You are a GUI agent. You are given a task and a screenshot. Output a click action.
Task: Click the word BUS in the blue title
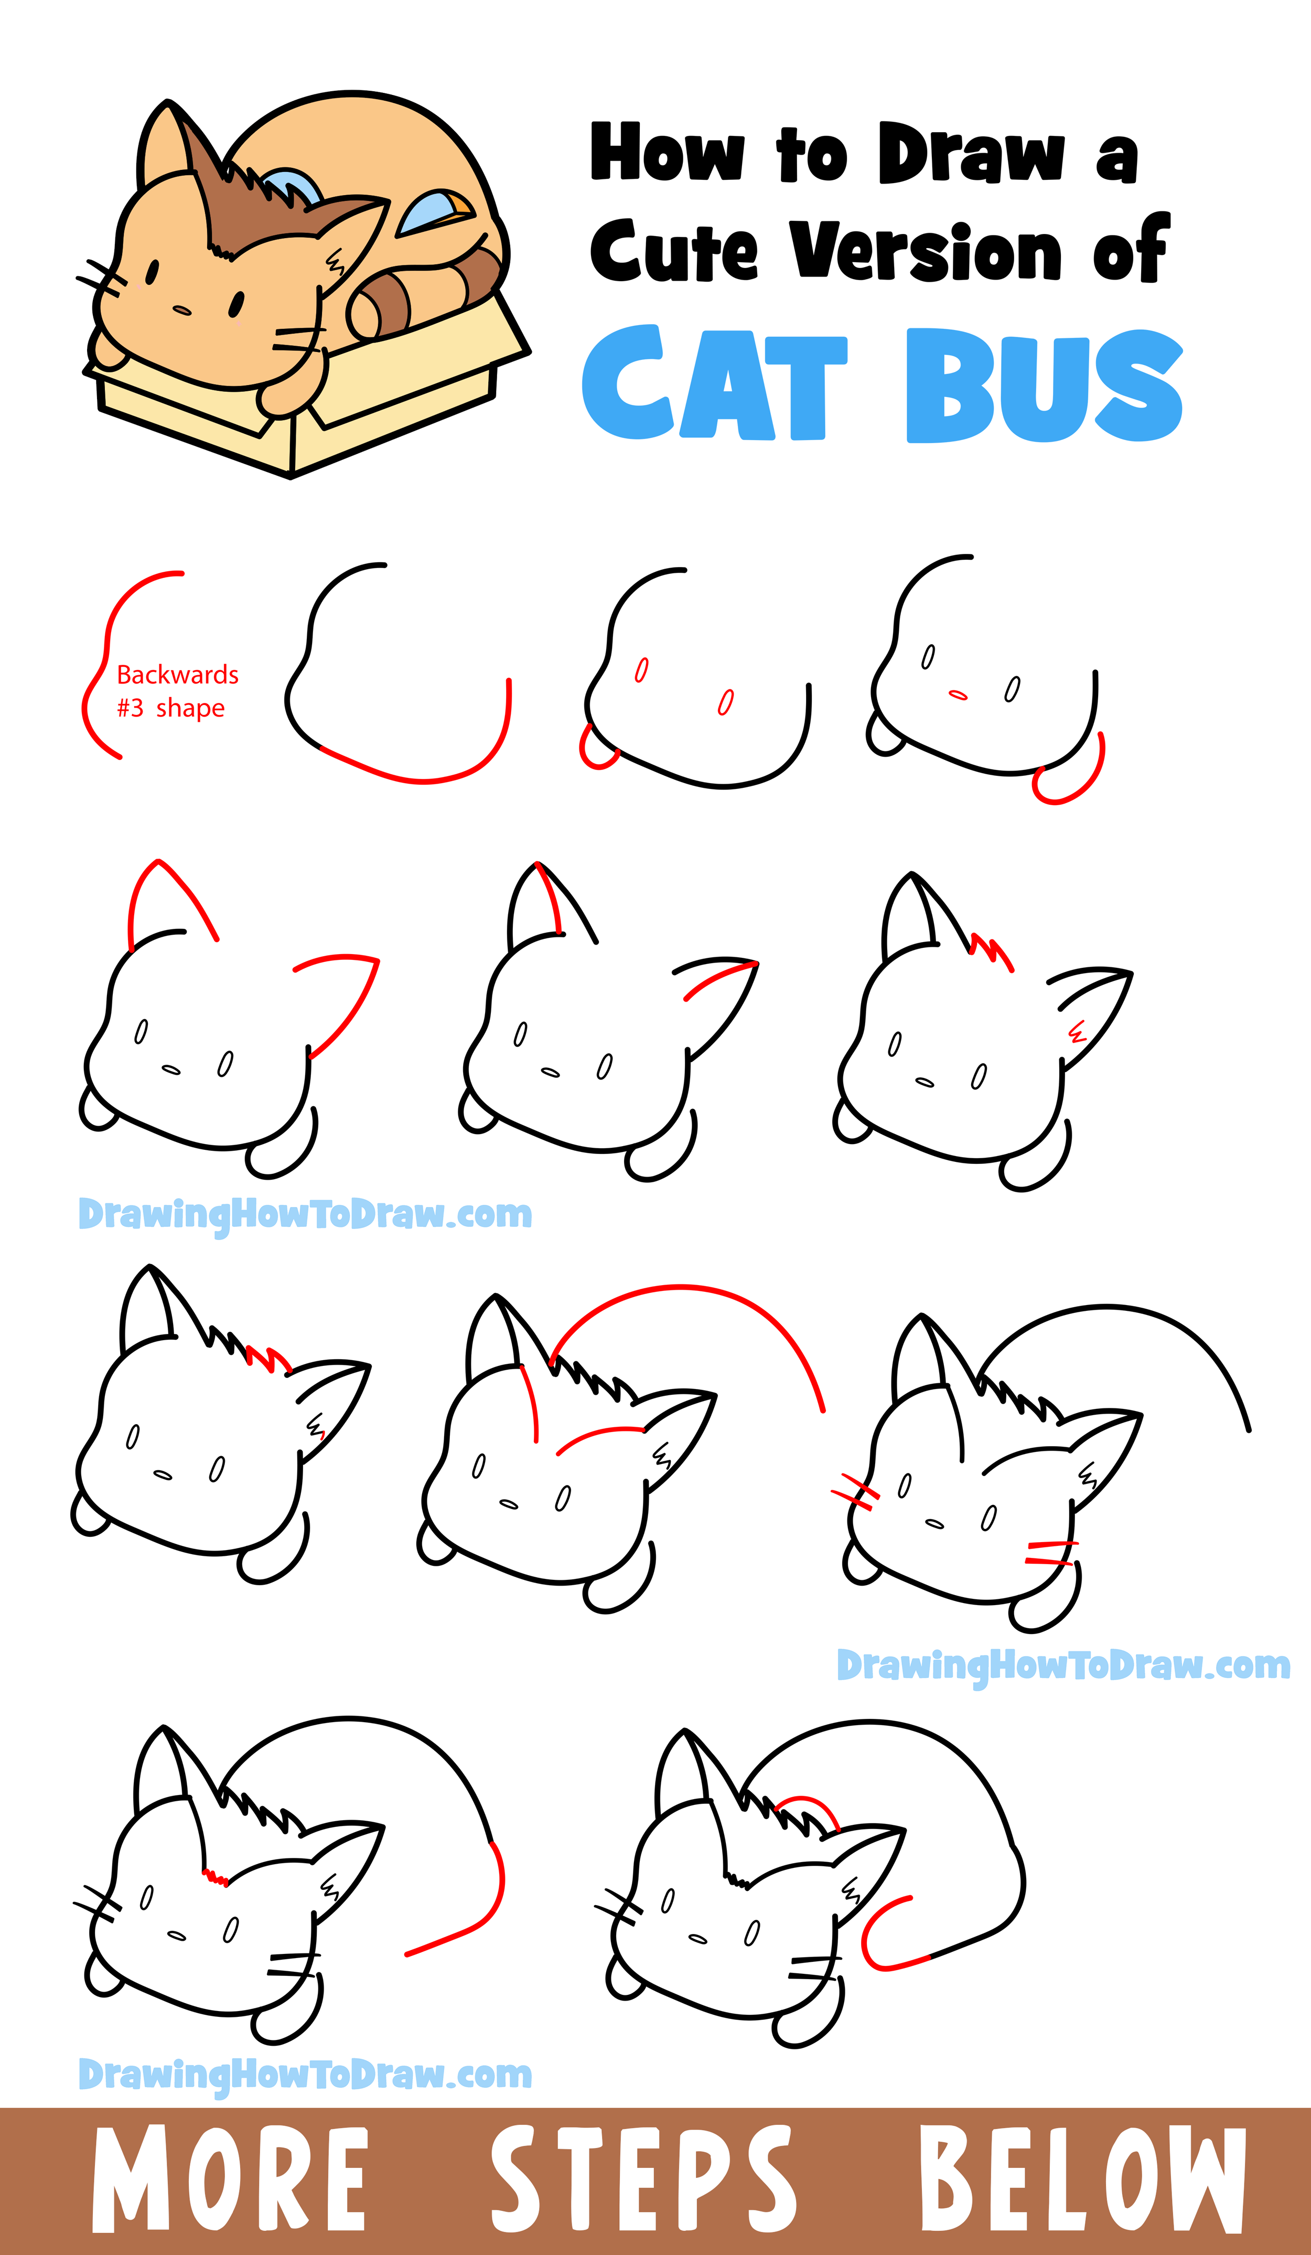click(1044, 385)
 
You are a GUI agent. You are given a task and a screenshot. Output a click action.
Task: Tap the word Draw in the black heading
click(972, 152)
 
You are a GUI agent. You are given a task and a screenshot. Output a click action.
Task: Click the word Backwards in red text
click(178, 675)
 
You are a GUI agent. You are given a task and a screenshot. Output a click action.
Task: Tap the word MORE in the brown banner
click(230, 2178)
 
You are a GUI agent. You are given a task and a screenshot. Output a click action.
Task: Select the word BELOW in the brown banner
click(1083, 2178)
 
